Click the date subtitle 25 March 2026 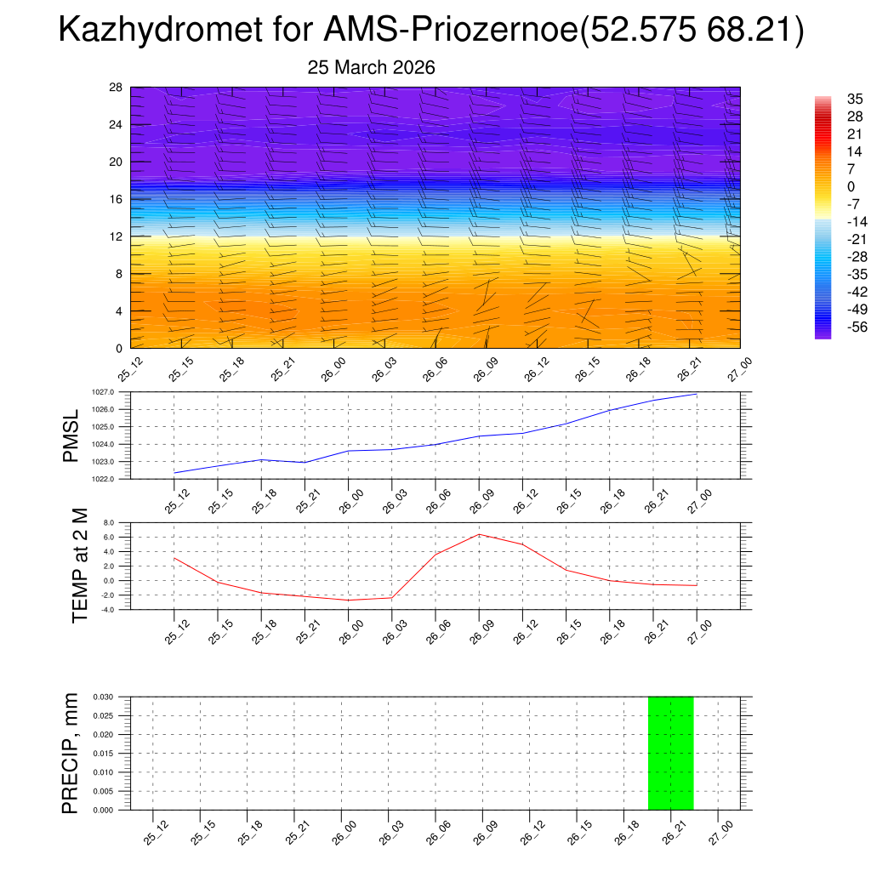[x=371, y=68]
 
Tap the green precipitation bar [x=670, y=753]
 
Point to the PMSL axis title [x=71, y=435]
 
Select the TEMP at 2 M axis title [x=80, y=565]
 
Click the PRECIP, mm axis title [x=71, y=753]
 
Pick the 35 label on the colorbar [x=854, y=100]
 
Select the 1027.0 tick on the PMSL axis [x=117, y=392]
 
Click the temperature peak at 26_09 [x=480, y=534]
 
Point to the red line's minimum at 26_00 [x=349, y=601]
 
